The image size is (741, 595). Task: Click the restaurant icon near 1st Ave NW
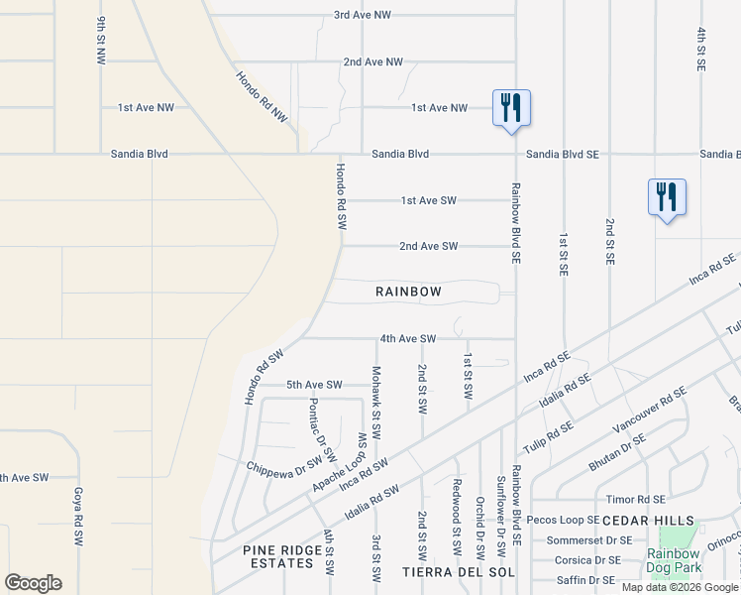click(x=511, y=107)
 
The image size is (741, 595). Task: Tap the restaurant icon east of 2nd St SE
click(x=667, y=196)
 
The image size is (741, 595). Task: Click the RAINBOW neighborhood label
click(x=408, y=292)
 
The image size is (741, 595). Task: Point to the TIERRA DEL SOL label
click(x=456, y=572)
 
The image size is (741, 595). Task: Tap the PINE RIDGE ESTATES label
click(x=278, y=555)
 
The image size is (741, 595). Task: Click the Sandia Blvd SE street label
click(x=563, y=154)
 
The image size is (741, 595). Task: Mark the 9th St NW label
click(x=101, y=41)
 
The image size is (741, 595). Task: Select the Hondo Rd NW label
click(x=262, y=96)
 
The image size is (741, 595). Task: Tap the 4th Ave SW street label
click(x=407, y=338)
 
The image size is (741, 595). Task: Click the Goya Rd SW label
click(x=77, y=516)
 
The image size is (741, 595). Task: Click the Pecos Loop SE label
click(x=563, y=520)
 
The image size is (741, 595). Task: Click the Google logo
click(x=33, y=583)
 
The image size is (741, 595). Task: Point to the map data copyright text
click(x=681, y=587)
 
